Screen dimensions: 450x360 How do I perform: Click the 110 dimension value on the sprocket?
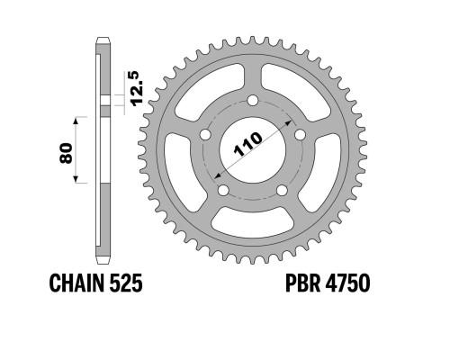click(x=247, y=144)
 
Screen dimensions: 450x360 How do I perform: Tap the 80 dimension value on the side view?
click(x=66, y=153)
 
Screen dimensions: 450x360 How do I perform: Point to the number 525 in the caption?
click(x=126, y=283)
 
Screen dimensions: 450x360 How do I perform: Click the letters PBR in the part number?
click(x=302, y=283)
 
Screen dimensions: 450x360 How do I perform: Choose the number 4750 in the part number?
click(x=347, y=283)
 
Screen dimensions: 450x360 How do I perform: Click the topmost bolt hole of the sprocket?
click(x=253, y=100)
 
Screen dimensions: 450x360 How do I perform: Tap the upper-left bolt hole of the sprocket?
click(x=205, y=134)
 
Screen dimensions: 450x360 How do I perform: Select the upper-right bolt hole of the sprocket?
click(x=300, y=134)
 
